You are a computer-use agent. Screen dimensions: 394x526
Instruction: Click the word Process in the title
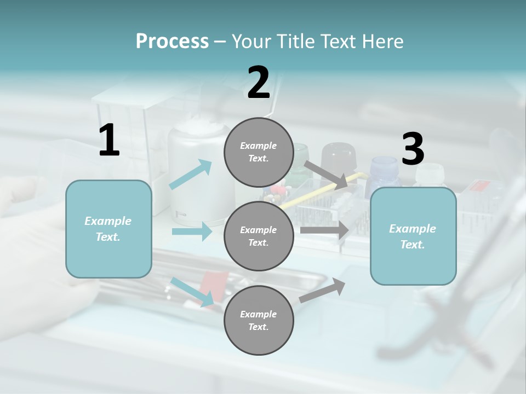172,42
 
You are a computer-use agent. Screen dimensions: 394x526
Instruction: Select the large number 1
109,141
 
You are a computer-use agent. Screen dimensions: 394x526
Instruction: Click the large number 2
259,83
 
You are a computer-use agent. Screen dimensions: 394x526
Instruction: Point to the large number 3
413,149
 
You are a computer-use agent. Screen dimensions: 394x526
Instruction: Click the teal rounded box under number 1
108,229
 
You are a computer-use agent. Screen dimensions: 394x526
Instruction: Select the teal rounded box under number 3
413,236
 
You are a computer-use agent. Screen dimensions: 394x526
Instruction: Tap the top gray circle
259,152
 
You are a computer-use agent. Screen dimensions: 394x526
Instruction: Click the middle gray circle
259,236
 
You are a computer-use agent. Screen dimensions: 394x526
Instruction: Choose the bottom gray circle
259,320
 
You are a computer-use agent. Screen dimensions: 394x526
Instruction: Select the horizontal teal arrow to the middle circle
192,231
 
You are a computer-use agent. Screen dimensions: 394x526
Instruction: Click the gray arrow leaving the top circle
326,175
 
